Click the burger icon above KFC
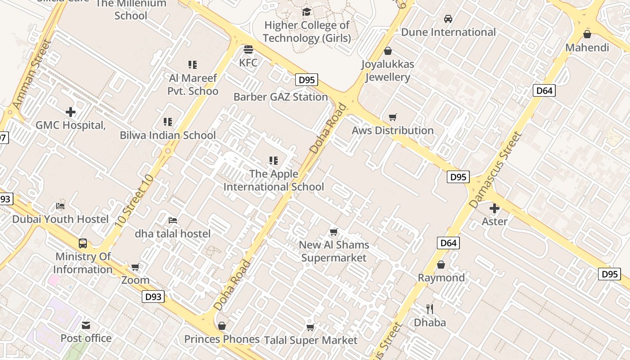(x=248, y=49)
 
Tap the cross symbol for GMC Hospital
(x=71, y=112)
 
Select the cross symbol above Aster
(x=495, y=208)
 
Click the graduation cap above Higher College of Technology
(x=306, y=12)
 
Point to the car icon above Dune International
(x=448, y=19)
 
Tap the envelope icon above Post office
(x=86, y=325)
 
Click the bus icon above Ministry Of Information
(x=83, y=243)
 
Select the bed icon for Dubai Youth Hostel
(x=60, y=206)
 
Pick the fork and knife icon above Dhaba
(x=430, y=309)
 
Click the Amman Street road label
(x=32, y=75)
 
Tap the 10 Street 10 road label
(x=134, y=200)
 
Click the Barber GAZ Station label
(x=280, y=97)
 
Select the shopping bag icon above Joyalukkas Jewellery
(x=388, y=51)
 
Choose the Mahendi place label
(x=587, y=48)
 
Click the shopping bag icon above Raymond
(x=441, y=265)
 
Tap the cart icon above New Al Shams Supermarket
(x=333, y=232)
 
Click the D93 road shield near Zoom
(x=153, y=297)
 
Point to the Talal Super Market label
(x=310, y=340)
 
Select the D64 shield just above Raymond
(x=448, y=243)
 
